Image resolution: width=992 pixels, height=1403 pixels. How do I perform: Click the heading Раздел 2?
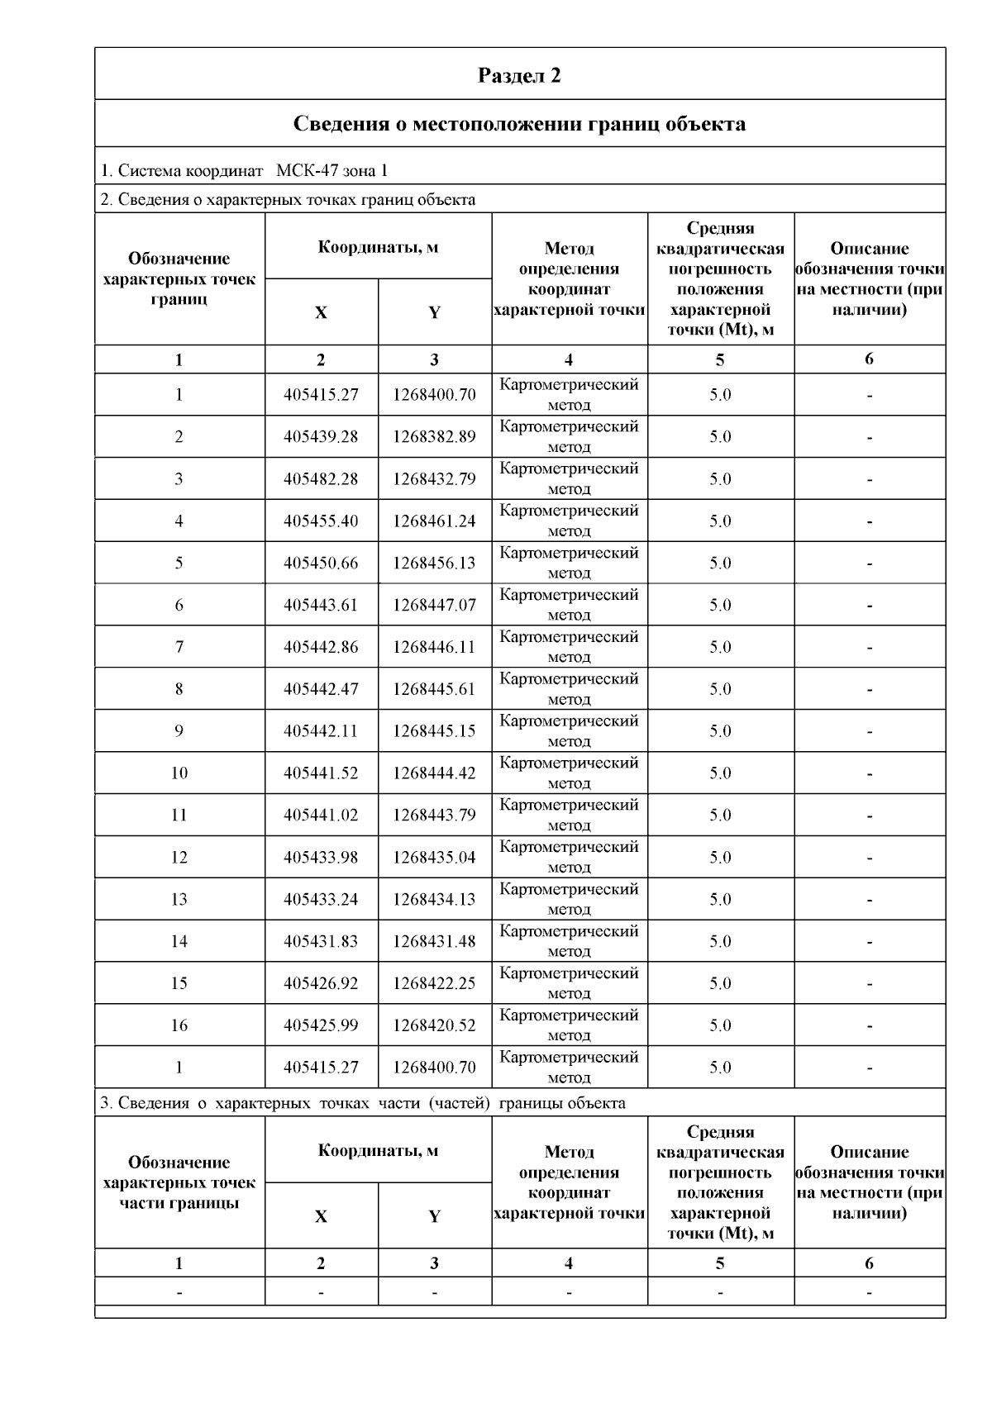(x=519, y=76)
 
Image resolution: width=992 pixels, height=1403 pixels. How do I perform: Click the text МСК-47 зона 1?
(x=331, y=171)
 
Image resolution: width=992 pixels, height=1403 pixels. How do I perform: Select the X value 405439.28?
(x=321, y=436)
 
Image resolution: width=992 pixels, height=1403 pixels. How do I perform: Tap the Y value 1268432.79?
(x=434, y=478)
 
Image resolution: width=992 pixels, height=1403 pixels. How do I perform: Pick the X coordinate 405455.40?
(x=321, y=521)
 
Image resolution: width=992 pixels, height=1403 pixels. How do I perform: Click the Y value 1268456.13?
(x=434, y=563)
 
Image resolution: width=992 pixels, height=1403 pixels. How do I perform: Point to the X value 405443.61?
(x=321, y=605)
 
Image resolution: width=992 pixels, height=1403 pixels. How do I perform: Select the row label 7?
(x=179, y=647)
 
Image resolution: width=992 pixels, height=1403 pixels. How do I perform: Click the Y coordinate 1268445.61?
(x=434, y=689)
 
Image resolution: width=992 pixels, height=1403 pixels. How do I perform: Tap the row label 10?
(x=179, y=773)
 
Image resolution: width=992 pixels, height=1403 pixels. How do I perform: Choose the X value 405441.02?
(x=321, y=816)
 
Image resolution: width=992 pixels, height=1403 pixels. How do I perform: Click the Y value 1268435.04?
(x=434, y=858)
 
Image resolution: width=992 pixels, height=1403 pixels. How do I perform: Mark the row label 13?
(x=179, y=899)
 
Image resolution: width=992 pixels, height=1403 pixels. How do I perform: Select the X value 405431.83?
(x=321, y=941)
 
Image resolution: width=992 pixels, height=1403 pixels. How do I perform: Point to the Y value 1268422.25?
(x=434, y=983)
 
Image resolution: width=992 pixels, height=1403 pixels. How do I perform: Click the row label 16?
(x=179, y=1025)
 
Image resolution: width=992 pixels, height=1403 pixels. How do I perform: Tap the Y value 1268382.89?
(x=434, y=436)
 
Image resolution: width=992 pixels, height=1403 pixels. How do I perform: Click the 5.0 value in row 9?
(x=720, y=731)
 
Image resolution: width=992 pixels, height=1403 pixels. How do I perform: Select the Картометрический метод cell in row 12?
(x=569, y=857)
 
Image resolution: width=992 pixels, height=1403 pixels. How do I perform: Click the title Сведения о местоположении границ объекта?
(x=519, y=124)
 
